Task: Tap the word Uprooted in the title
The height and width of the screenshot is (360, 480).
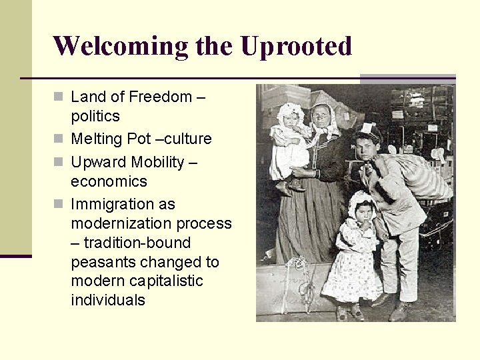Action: [x=295, y=47]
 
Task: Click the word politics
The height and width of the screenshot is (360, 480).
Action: [x=95, y=117]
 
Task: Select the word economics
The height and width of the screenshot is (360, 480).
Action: [x=109, y=181]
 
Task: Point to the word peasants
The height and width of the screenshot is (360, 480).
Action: [x=103, y=262]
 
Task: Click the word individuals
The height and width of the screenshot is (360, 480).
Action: [x=108, y=301]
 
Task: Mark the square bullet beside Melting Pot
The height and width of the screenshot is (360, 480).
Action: [x=59, y=139]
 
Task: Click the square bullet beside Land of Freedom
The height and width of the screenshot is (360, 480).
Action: [x=59, y=97]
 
